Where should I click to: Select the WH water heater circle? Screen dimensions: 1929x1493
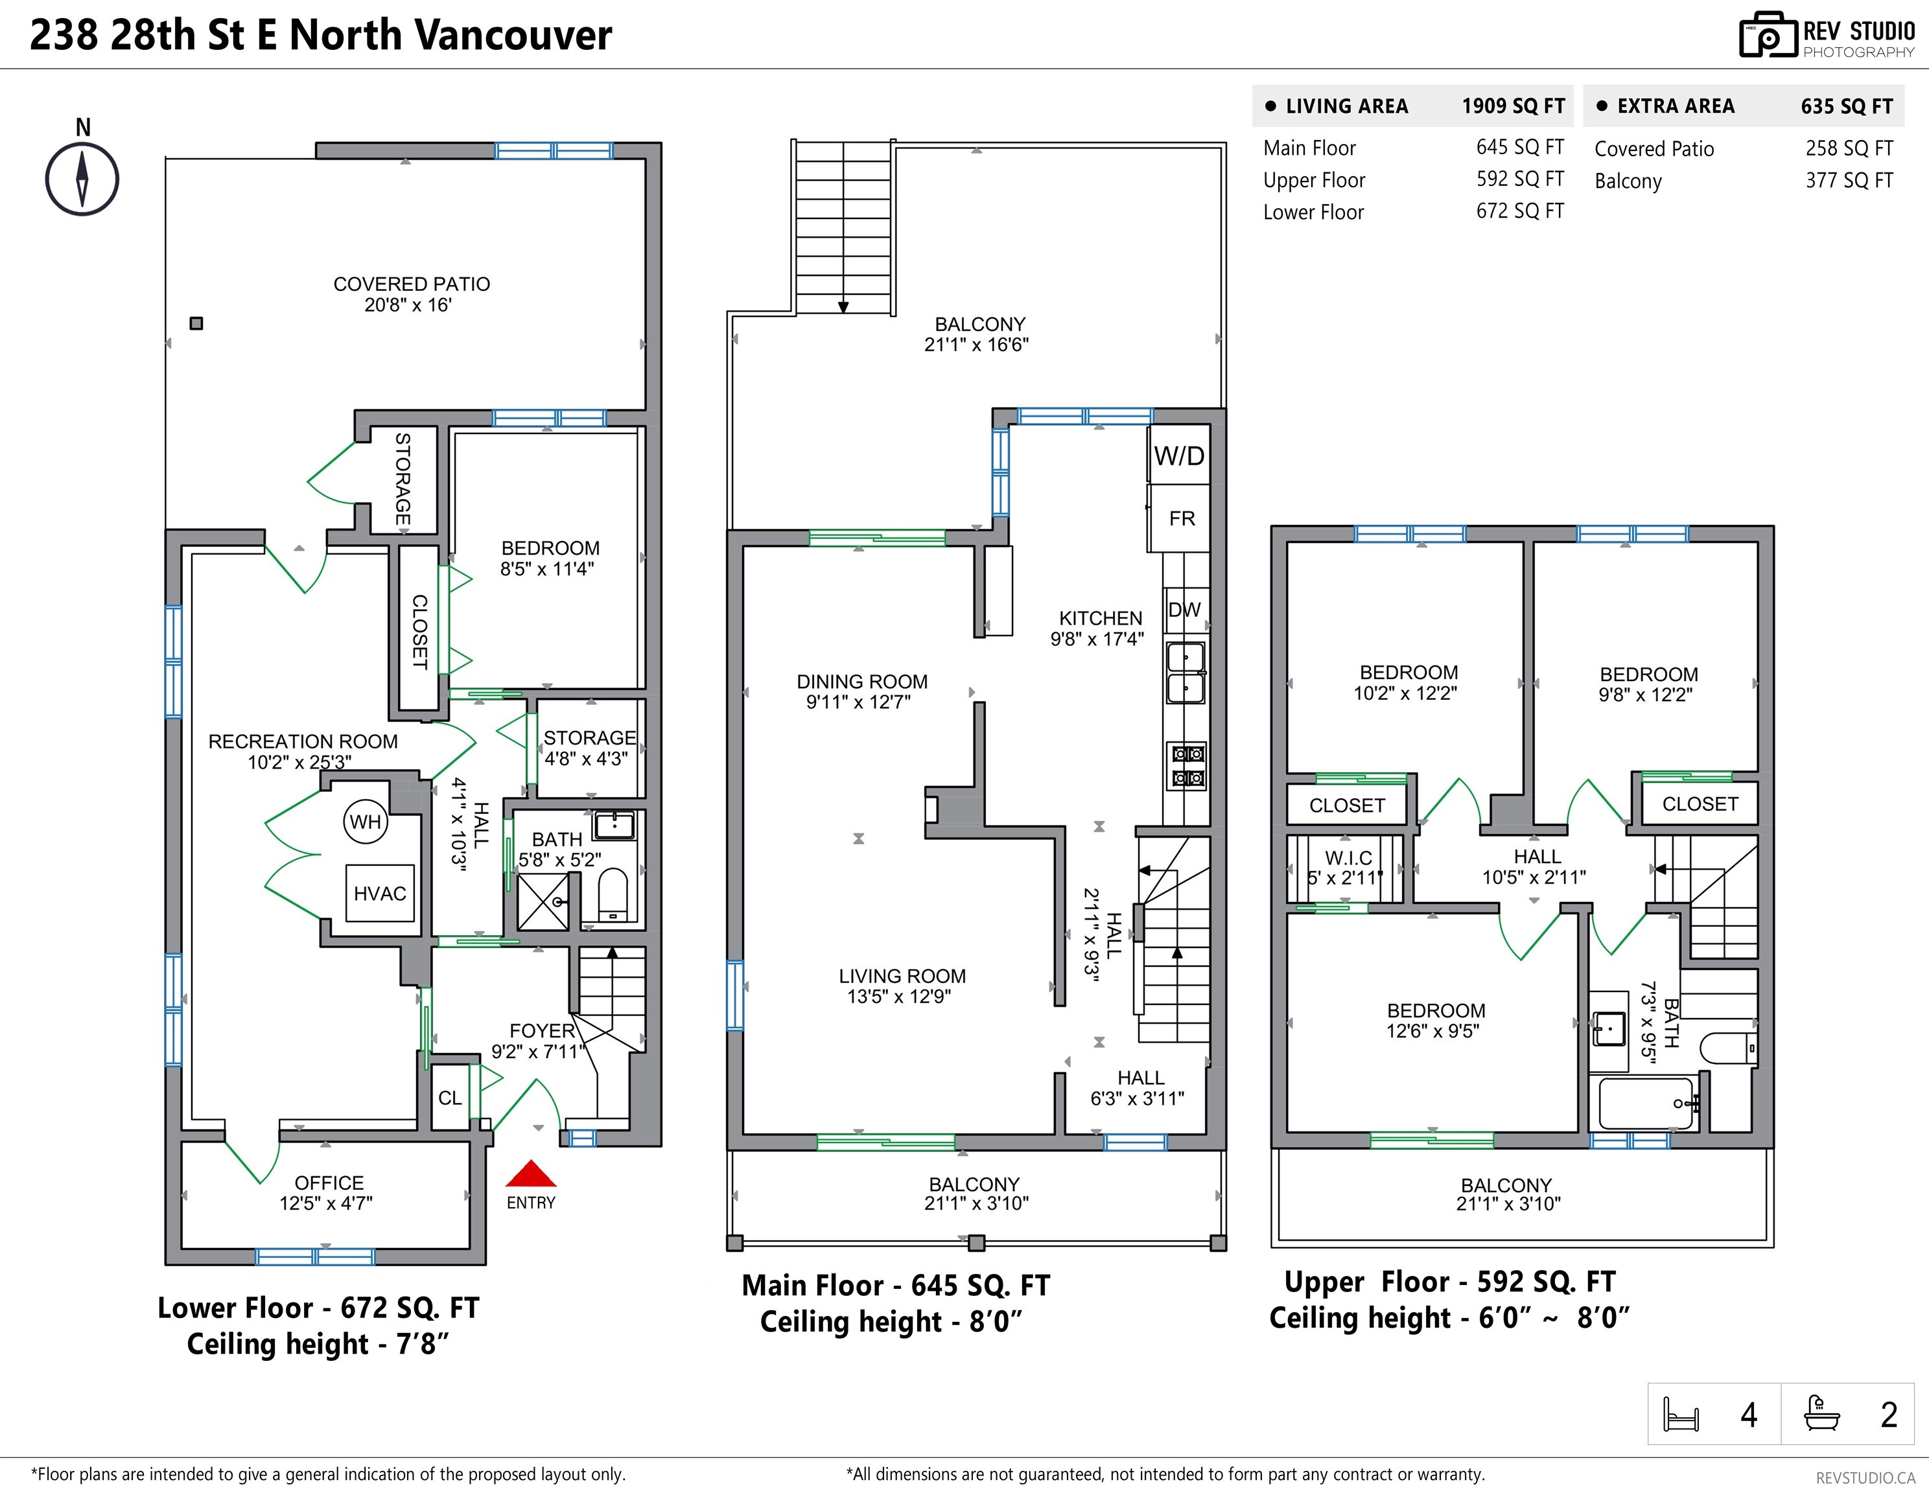pyautogui.click(x=366, y=822)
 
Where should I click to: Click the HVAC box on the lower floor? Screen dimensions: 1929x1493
pyautogui.click(x=380, y=894)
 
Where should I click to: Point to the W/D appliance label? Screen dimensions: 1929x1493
pyautogui.click(x=1179, y=456)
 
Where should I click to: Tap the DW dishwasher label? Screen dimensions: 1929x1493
pyautogui.click(x=1184, y=609)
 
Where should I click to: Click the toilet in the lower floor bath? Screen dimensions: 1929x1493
pyautogui.click(x=612, y=894)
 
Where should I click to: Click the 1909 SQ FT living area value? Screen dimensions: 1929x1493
pyautogui.click(x=1513, y=106)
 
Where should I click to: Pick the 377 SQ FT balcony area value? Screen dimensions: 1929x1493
pyautogui.click(x=1849, y=181)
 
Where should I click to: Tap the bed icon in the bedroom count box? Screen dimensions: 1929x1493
pyautogui.click(x=1681, y=1415)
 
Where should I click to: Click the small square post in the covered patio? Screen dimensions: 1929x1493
pyautogui.click(x=197, y=323)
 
